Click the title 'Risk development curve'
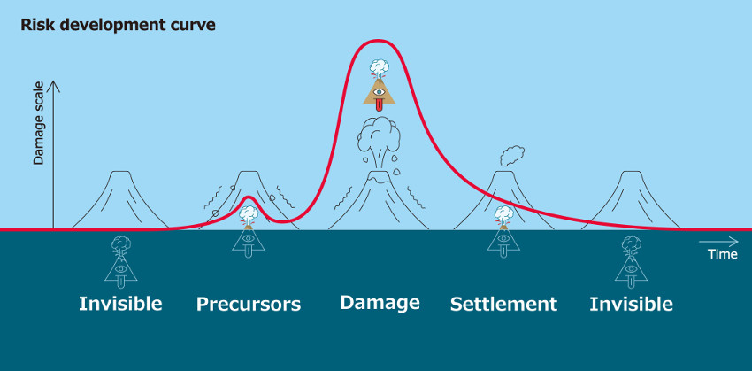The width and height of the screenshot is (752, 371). point(118,26)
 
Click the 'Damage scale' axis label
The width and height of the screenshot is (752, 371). point(38,123)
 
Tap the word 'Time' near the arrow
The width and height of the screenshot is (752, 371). point(723,254)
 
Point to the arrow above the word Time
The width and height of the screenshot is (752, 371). point(718,242)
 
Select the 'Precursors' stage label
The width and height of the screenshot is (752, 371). point(249,305)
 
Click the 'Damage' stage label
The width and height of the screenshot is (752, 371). point(380,302)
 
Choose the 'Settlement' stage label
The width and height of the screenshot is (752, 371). point(503,305)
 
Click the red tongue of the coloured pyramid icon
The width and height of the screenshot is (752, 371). point(379,104)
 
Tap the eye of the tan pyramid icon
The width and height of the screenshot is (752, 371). point(379,92)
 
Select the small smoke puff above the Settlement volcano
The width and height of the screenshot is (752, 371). point(511,156)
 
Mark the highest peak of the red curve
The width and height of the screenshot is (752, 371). point(378,41)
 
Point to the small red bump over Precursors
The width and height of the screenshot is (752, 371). point(248,197)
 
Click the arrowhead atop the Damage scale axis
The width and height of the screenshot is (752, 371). point(53,85)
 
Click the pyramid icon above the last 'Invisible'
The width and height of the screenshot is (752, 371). point(631,262)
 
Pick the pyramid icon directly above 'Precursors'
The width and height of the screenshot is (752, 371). point(248,232)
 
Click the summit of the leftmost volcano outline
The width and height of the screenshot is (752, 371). point(121,172)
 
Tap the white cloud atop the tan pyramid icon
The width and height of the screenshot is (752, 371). point(379,66)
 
